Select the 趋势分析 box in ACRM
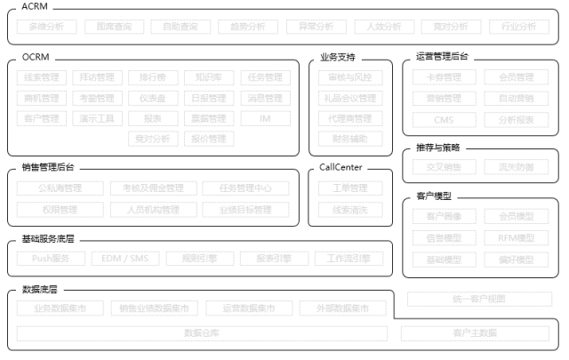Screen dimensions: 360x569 [x=241, y=27]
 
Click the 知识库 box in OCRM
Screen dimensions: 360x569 [x=209, y=77]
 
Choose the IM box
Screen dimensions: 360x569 [x=265, y=118]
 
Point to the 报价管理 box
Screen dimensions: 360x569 [x=209, y=139]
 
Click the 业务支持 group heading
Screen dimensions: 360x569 [x=338, y=58]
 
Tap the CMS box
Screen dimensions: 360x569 [x=444, y=119]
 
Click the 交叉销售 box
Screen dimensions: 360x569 [x=444, y=166]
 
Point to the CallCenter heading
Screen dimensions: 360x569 [x=343, y=167]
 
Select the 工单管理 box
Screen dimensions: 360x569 [x=349, y=188]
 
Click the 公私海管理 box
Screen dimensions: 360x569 [x=60, y=188]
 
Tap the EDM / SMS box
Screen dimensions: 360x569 [x=124, y=259]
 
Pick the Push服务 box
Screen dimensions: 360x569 [x=51, y=259]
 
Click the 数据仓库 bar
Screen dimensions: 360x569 [x=202, y=333]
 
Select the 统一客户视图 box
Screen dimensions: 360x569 [x=478, y=299]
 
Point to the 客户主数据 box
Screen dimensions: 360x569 [x=475, y=333]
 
